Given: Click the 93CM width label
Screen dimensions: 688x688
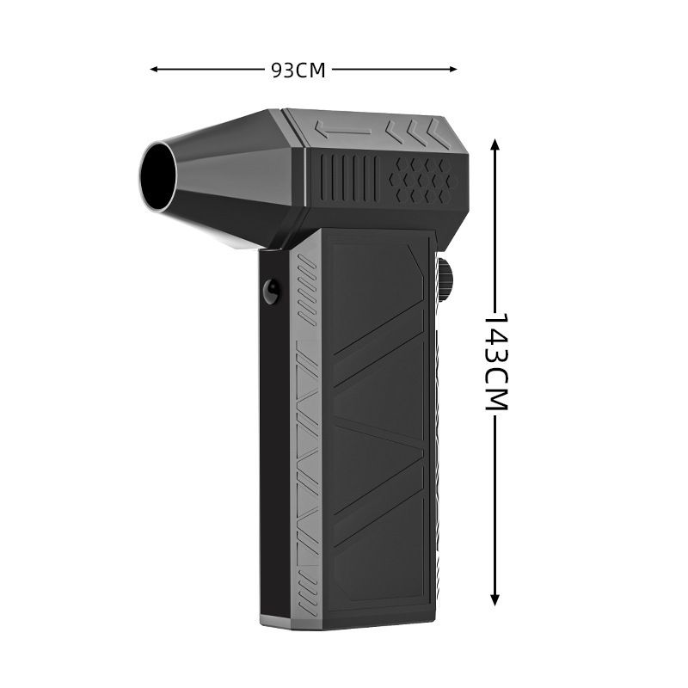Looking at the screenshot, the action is (x=298, y=70).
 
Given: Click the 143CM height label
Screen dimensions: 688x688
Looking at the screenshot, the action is (x=496, y=361).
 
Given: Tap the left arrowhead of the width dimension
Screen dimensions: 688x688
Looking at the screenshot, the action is (x=154, y=69).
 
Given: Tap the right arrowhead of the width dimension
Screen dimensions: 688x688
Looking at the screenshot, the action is (x=453, y=69).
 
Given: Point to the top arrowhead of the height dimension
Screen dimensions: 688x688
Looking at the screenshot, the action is (x=495, y=144).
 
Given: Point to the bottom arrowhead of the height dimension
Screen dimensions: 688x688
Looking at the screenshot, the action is (x=495, y=600).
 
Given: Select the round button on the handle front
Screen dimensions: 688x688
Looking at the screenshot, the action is (x=271, y=292).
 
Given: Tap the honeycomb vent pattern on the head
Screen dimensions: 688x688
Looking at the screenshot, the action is (x=423, y=181).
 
